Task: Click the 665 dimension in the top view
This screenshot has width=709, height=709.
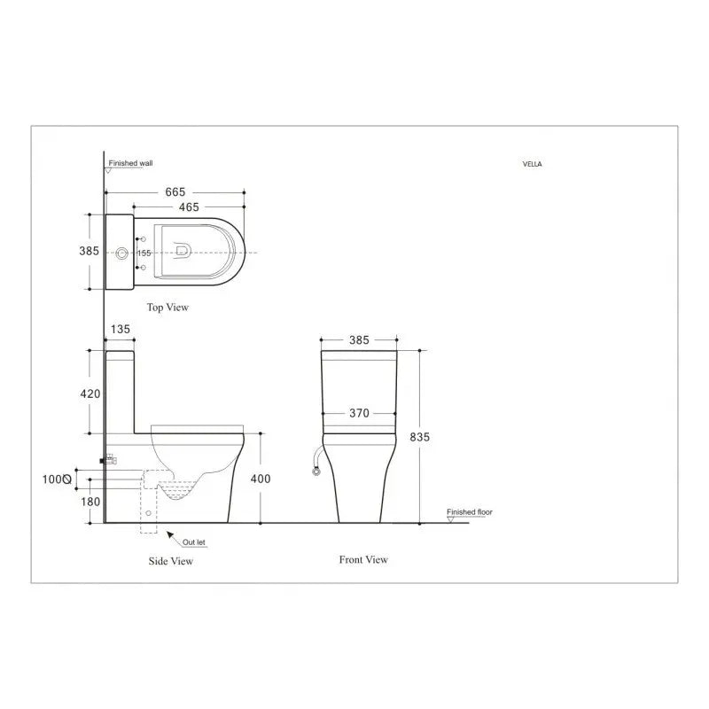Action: coord(175,191)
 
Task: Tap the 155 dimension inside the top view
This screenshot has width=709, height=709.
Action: coord(144,253)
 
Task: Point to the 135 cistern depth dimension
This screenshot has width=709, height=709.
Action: coord(119,330)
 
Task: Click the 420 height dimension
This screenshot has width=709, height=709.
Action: coord(90,393)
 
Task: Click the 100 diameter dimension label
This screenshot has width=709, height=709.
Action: coord(57,479)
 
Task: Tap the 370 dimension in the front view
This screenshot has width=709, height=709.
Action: coord(360,413)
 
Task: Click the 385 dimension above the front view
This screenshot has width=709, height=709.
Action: coord(360,339)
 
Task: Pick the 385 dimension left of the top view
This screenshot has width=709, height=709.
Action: coord(90,252)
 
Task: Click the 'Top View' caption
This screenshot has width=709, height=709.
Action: coord(168,308)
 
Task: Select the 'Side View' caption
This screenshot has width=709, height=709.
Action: coord(170,561)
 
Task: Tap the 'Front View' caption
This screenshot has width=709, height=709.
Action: coord(363,559)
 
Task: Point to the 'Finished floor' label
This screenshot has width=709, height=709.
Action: coord(469,512)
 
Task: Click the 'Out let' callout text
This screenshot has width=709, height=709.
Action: coord(195,541)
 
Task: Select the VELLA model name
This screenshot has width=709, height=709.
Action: coord(534,164)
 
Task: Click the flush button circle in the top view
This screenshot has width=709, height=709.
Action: coord(121,253)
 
